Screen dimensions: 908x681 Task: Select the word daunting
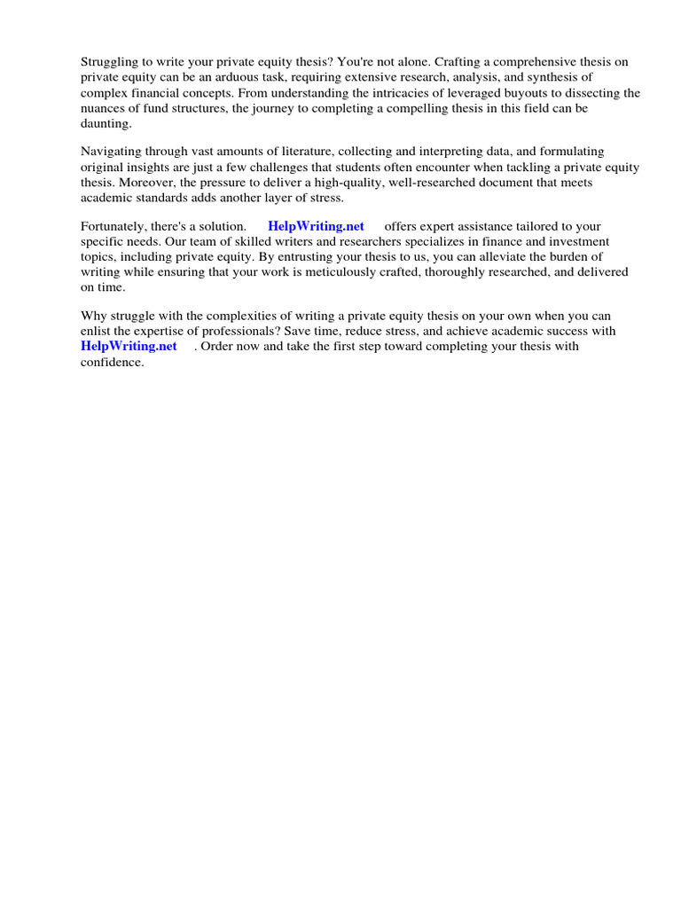106,123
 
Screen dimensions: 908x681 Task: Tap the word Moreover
144,183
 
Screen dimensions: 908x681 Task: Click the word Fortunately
116,227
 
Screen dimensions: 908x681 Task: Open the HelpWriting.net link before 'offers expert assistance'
316,227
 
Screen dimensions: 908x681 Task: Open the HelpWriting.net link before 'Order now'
129,346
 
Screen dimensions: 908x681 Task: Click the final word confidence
112,362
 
